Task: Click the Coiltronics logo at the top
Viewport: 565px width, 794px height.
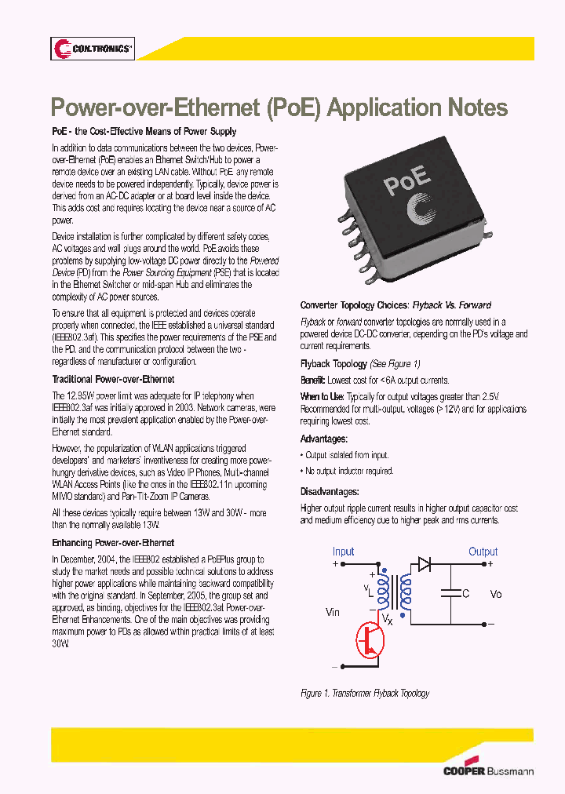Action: [x=93, y=49]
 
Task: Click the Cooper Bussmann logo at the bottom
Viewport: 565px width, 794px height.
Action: [x=488, y=770]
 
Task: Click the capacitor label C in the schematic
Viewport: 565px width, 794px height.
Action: [x=465, y=594]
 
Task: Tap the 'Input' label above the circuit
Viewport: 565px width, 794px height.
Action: [x=343, y=552]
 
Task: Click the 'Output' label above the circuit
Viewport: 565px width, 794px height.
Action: [x=483, y=552]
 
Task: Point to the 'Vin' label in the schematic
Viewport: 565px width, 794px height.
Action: [x=333, y=612]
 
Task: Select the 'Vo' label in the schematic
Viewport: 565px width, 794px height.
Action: [x=495, y=594]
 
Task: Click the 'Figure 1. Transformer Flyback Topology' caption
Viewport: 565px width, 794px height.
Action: [x=365, y=694]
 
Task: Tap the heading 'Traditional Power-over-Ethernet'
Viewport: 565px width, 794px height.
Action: [x=113, y=380]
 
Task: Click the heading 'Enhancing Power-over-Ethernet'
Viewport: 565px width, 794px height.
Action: [x=113, y=543]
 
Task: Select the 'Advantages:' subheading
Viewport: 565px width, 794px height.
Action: [x=323, y=439]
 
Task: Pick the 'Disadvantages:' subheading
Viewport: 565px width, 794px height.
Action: [x=330, y=492]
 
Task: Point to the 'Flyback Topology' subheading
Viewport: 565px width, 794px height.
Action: [x=334, y=364]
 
